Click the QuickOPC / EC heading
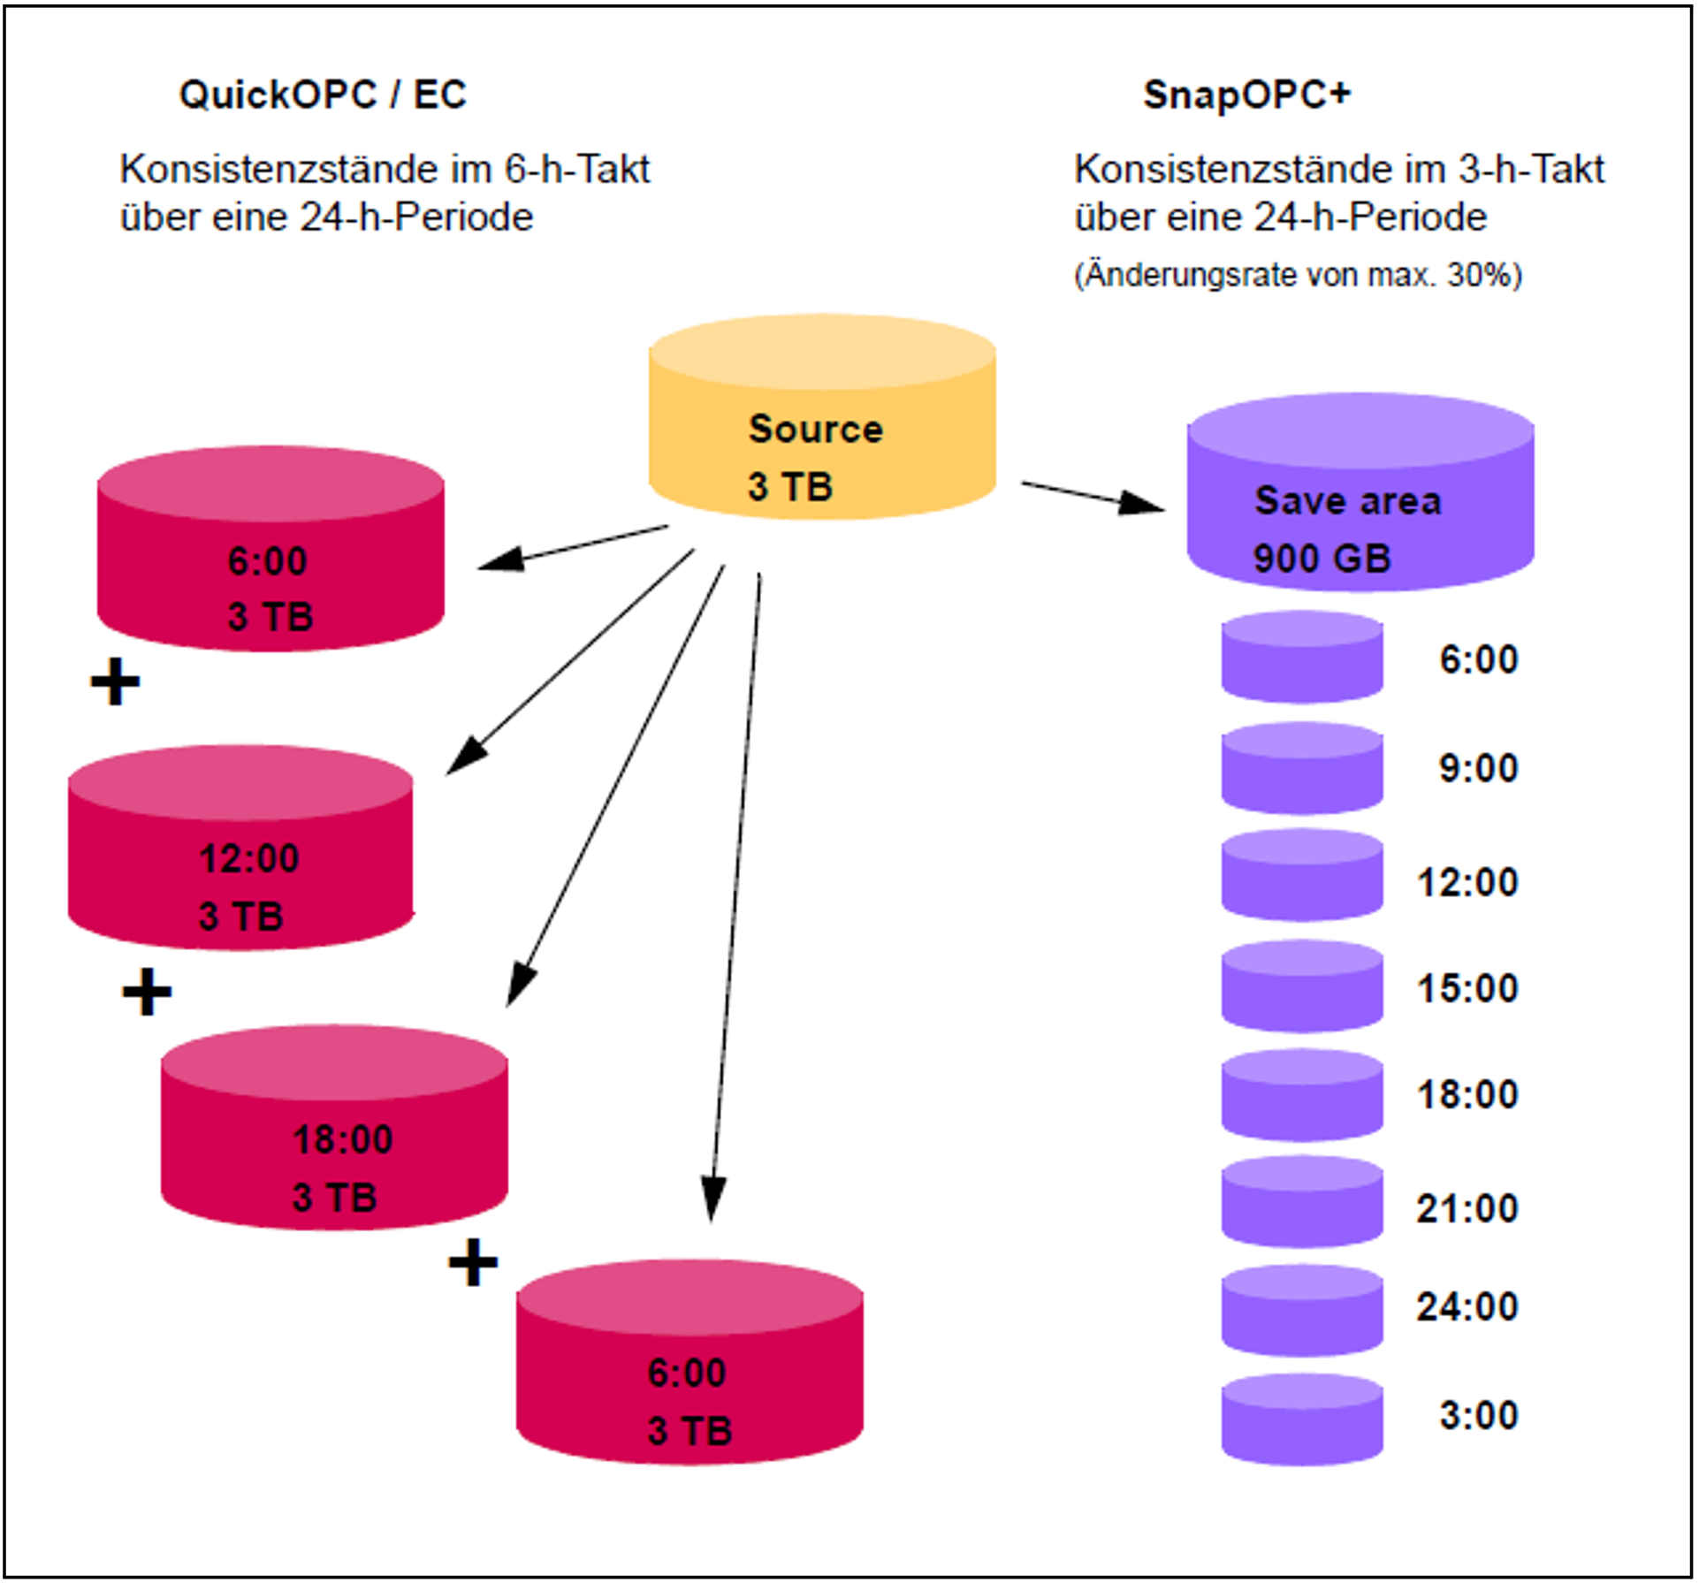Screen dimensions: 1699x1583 pos(323,95)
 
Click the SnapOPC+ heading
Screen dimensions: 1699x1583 pos(1246,95)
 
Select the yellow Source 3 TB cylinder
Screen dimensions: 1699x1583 pos(822,416)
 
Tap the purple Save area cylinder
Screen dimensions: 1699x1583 pos(1360,492)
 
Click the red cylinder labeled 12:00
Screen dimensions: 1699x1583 pos(240,848)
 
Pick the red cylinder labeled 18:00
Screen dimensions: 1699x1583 pos(334,1128)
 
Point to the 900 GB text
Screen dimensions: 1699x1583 pos(1322,558)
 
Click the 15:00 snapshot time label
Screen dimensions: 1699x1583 pos(1467,987)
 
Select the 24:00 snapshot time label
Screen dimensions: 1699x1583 pos(1467,1305)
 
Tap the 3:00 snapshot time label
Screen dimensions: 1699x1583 pos(1478,1414)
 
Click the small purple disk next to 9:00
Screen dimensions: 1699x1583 pos(1302,768)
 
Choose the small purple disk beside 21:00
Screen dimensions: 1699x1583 pos(1302,1201)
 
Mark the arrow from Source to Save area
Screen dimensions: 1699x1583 pos(1093,497)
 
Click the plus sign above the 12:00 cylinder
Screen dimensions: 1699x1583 pos(115,682)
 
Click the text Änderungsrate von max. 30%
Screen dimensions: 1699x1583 pos(1298,275)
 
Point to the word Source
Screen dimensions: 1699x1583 pos(815,429)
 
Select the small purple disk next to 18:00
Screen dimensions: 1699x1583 pos(1302,1095)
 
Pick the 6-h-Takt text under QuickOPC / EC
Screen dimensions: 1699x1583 pos(576,169)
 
